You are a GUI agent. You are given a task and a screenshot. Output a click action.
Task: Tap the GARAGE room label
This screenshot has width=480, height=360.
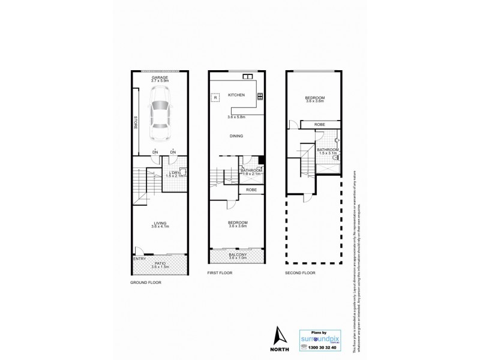pyautogui.click(x=160, y=77)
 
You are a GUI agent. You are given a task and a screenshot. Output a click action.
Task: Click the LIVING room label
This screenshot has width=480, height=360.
pyautogui.click(x=160, y=223)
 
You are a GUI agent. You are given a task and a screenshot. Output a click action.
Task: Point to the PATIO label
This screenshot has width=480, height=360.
pyautogui.click(x=161, y=262)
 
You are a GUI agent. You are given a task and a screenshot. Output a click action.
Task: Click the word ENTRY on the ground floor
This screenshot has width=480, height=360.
pyautogui.click(x=139, y=259)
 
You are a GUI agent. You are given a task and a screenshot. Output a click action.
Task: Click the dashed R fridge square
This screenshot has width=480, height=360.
pyautogui.click(x=215, y=97)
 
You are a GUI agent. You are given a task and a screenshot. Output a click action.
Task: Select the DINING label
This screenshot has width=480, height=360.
pyautogui.click(x=236, y=136)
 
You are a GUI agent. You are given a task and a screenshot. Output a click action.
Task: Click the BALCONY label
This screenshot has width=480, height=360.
pyautogui.click(x=237, y=255)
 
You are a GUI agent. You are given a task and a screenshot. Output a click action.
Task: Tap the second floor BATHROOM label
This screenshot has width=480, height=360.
pyautogui.click(x=329, y=149)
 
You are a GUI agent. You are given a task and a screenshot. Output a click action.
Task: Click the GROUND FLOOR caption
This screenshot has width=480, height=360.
pyautogui.click(x=146, y=282)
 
